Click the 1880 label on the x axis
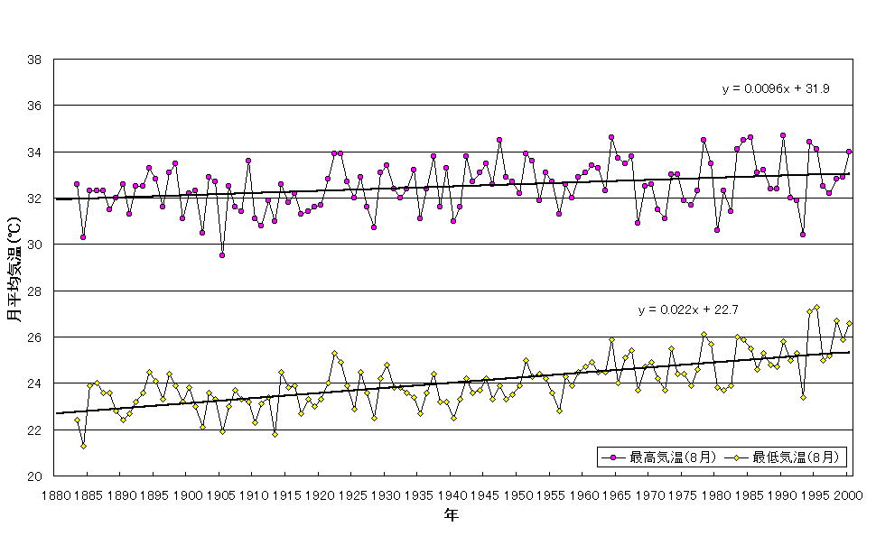[55, 494]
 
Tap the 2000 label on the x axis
[848, 494]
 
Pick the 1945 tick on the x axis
[485, 494]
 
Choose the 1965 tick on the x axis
[617, 494]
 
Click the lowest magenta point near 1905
[222, 255]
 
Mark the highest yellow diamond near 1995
[816, 307]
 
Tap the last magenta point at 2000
[849, 152]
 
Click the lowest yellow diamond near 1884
[83, 446]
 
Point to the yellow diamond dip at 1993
[803, 397]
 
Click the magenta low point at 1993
[803, 235]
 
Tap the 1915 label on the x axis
[286, 494]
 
